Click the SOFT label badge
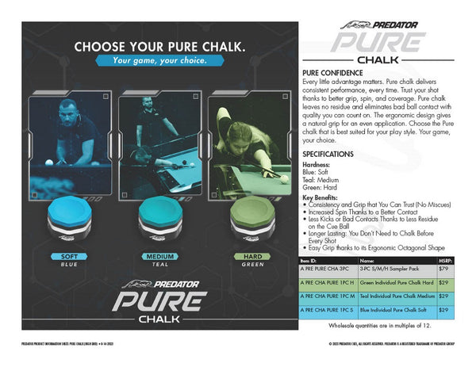pos(68,257)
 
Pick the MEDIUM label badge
pos(159,257)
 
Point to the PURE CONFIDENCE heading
pos(331,72)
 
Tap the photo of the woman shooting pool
pos(248,145)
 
